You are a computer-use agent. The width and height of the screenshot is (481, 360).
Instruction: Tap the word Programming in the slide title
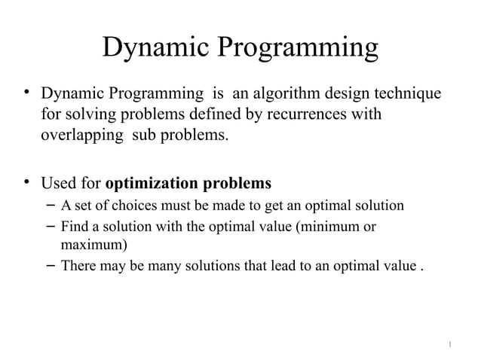coord(299,50)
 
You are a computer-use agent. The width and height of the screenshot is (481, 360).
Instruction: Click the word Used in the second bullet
coord(58,183)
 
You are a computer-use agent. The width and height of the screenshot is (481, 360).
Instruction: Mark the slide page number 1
coord(450,345)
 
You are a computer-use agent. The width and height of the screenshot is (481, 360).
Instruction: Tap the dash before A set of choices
coord(47,206)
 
